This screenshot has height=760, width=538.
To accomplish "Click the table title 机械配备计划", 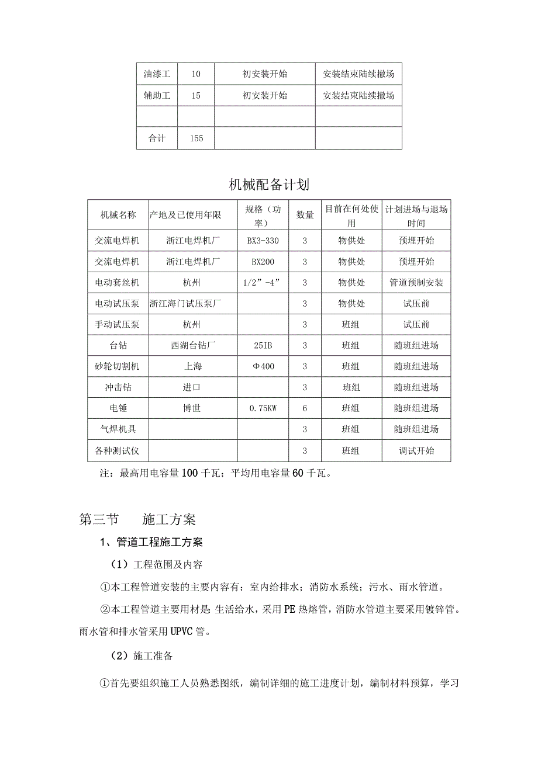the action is [x=269, y=185].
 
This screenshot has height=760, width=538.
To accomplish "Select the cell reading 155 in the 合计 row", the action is [x=196, y=138].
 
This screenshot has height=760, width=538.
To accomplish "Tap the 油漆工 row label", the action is [x=157, y=74].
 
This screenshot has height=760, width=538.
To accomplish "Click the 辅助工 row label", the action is [x=157, y=95].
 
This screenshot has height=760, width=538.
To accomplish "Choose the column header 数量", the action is [x=305, y=215].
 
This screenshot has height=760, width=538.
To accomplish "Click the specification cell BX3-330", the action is [x=262, y=241].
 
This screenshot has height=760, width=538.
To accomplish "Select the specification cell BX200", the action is [x=262, y=262].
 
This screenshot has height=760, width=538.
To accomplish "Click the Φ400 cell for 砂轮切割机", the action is [x=262, y=366].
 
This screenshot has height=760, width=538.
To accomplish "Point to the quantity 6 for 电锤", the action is [x=305, y=408].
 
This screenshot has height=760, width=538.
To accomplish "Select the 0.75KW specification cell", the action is [x=262, y=408].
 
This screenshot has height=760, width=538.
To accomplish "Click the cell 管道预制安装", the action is [x=416, y=283].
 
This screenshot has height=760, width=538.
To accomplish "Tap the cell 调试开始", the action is [x=416, y=450].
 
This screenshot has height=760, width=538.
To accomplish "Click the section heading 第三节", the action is [x=99, y=519].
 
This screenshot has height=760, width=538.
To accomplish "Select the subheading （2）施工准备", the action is [x=142, y=656].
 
